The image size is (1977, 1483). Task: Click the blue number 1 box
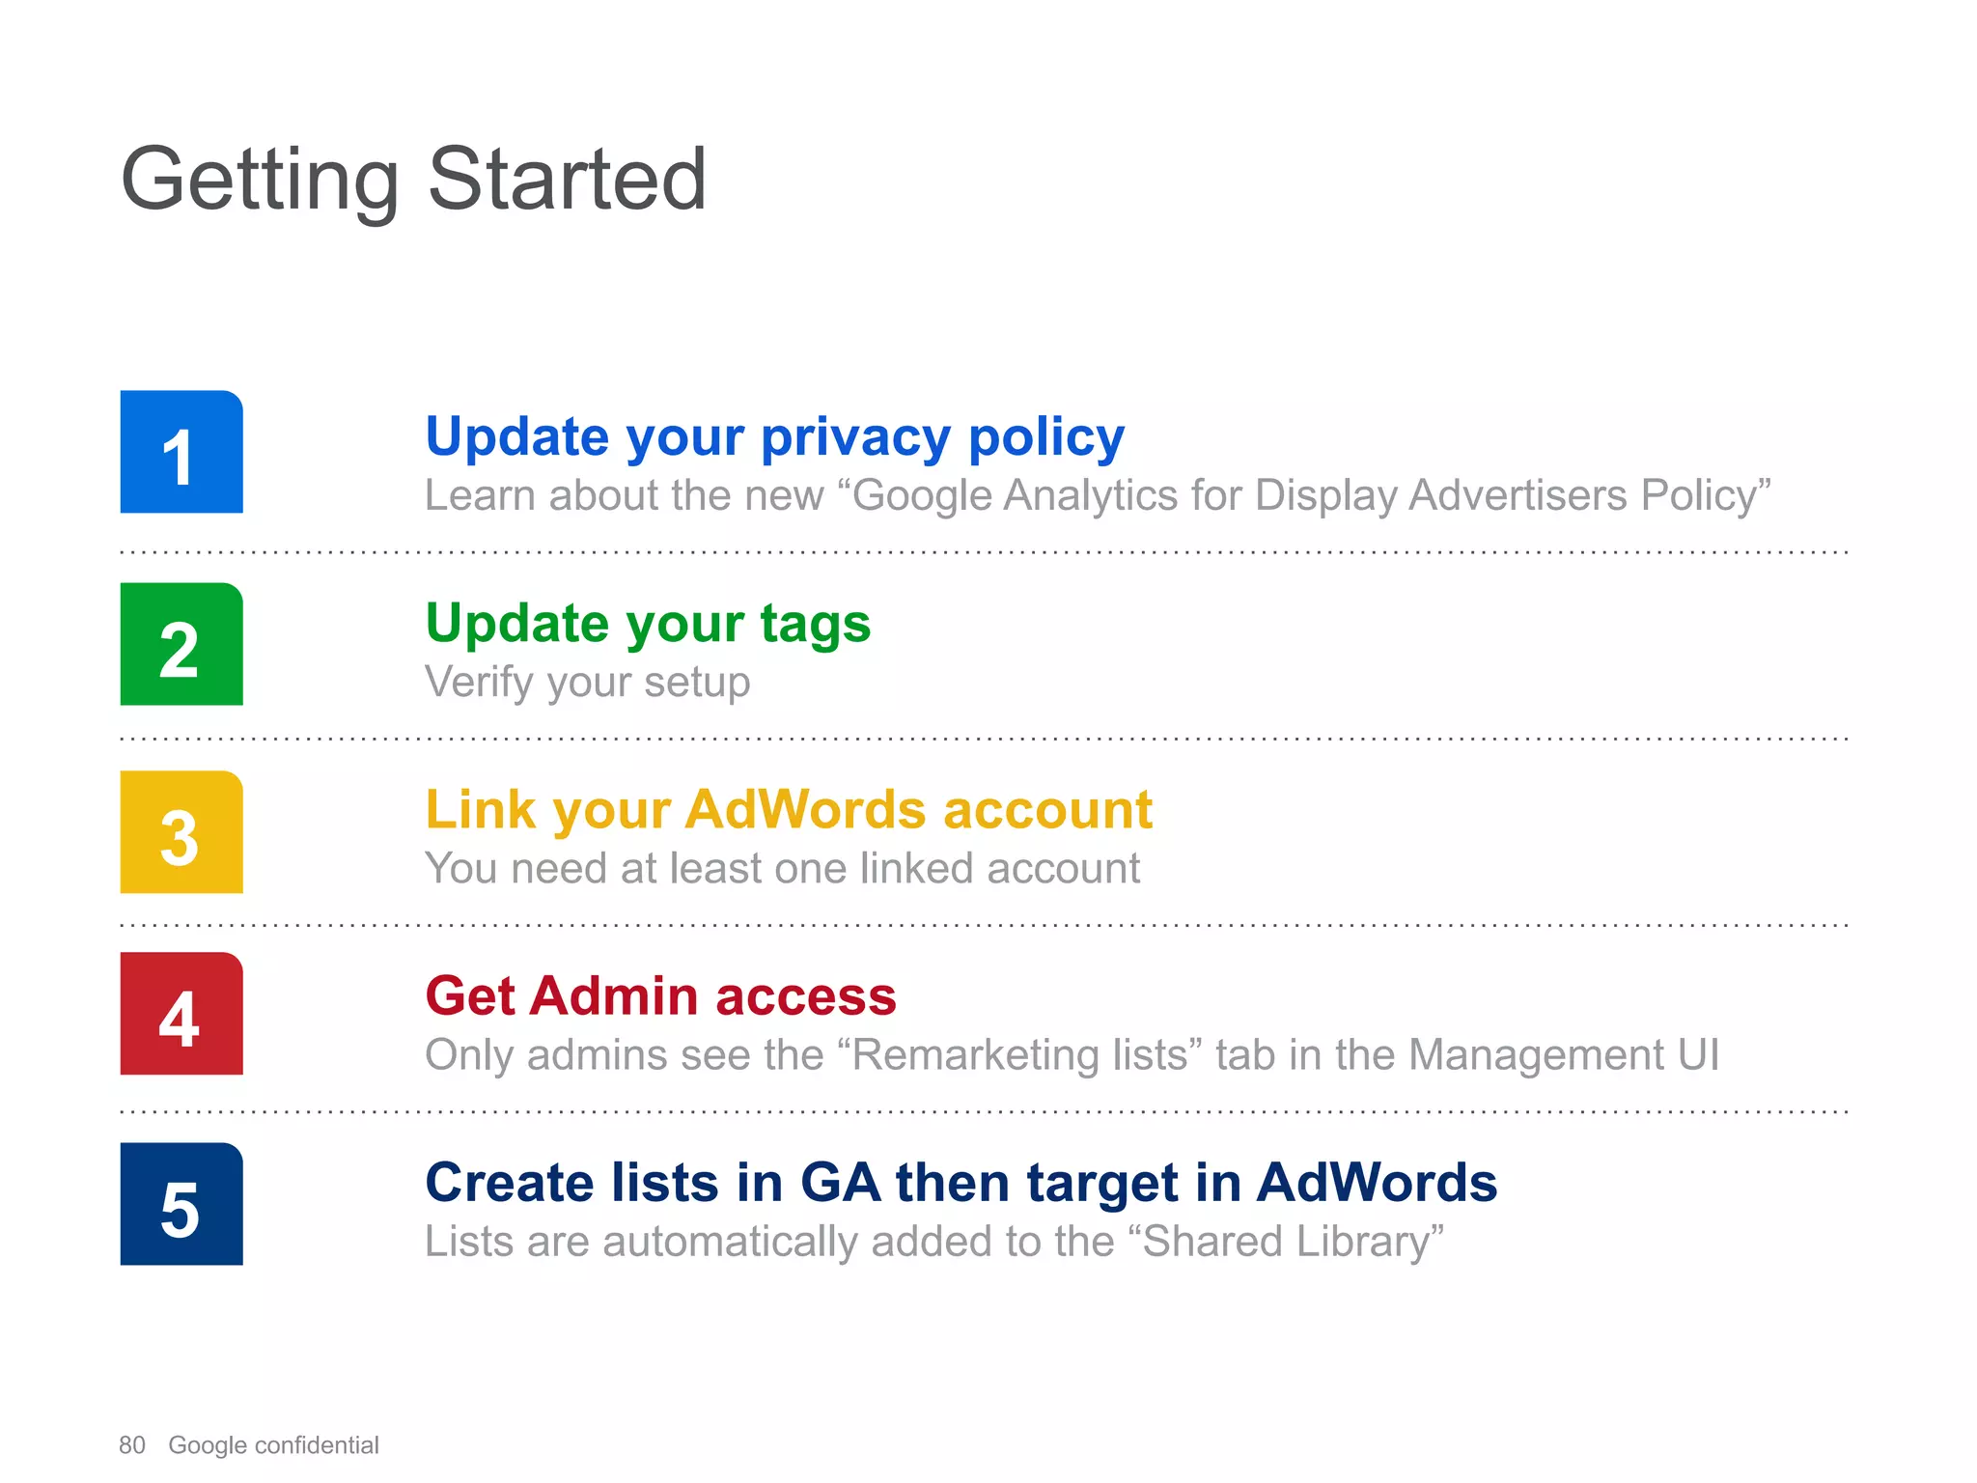coord(181,452)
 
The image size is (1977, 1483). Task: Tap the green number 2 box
coord(181,644)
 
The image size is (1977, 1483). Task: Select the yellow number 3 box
coord(181,832)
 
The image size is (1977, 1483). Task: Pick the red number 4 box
coord(181,1014)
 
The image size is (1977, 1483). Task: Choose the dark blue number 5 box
coord(181,1204)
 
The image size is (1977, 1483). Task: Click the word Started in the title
coord(567,180)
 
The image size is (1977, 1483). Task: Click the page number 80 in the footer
coord(132,1445)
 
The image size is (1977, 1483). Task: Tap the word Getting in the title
coord(260,182)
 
